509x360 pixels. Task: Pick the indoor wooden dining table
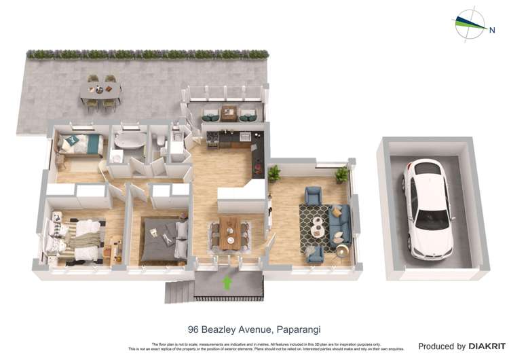point(229,231)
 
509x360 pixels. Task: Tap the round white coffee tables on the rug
point(317,226)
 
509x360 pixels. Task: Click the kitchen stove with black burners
point(212,138)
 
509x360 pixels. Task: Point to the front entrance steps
point(179,291)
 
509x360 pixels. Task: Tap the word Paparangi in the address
point(298,329)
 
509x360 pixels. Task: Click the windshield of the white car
point(431,219)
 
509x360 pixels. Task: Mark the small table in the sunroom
point(229,113)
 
